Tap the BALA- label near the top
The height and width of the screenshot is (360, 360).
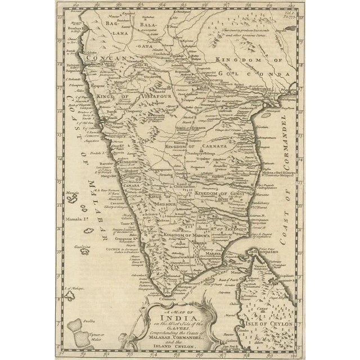[x=147, y=25]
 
